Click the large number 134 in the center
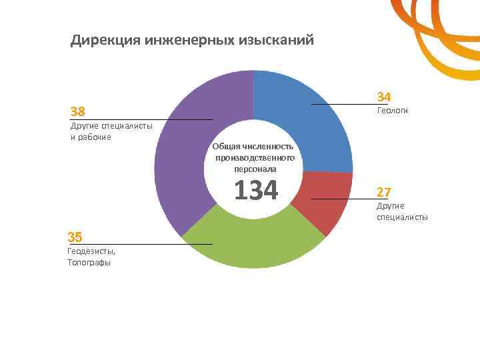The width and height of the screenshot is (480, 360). click(255, 190)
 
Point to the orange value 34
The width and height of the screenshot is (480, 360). click(384, 97)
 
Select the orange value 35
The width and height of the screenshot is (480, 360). click(75, 237)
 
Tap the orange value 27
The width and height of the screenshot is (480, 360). click(383, 192)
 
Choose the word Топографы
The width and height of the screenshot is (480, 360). click(89, 263)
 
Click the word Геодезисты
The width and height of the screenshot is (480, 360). click(91, 251)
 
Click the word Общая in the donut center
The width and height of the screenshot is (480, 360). click(225, 146)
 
